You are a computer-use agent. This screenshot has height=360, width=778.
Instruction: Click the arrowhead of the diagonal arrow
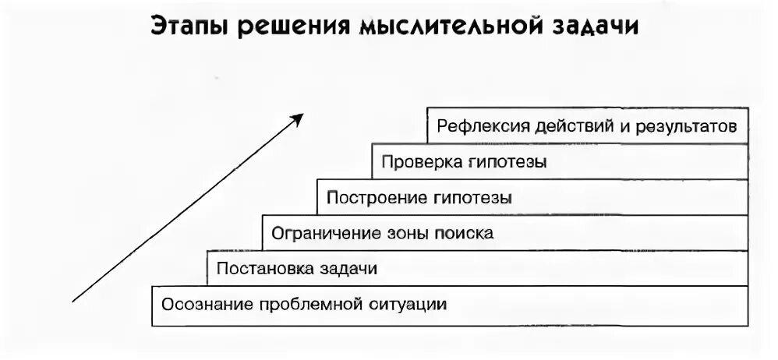[297, 118]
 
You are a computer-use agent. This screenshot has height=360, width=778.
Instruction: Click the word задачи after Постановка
[348, 269]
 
